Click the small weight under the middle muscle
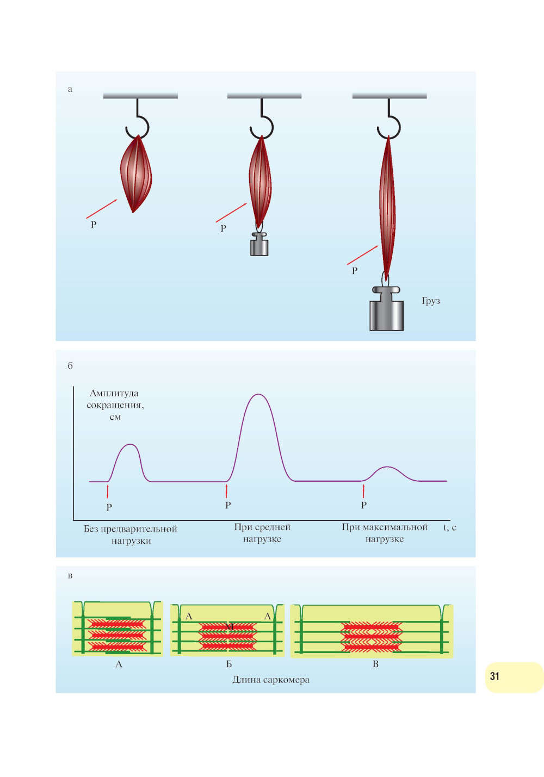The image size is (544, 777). pyautogui.click(x=259, y=245)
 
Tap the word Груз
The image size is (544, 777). pyautogui.click(x=431, y=301)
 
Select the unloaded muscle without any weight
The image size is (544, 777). pyautogui.click(x=135, y=174)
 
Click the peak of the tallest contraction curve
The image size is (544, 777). pyautogui.click(x=258, y=395)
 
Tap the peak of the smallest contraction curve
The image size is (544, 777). pyautogui.click(x=387, y=467)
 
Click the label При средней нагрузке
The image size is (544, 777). pyautogui.click(x=262, y=533)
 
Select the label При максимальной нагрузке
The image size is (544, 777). pyautogui.click(x=385, y=533)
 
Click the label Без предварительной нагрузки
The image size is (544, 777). pyautogui.click(x=131, y=535)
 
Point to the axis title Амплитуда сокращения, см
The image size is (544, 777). pyautogui.click(x=115, y=405)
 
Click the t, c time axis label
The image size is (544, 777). pyautogui.click(x=450, y=527)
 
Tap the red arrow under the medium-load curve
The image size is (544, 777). pyautogui.click(x=226, y=490)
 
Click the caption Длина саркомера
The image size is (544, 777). pyautogui.click(x=271, y=680)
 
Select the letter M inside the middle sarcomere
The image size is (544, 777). pyautogui.click(x=230, y=627)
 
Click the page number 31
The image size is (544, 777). pyautogui.click(x=494, y=676)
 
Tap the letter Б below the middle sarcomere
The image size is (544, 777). pyautogui.click(x=229, y=664)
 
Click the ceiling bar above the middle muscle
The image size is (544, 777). pyautogui.click(x=264, y=96)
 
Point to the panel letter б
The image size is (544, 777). pyautogui.click(x=70, y=365)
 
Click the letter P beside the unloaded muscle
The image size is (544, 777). pyautogui.click(x=94, y=225)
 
